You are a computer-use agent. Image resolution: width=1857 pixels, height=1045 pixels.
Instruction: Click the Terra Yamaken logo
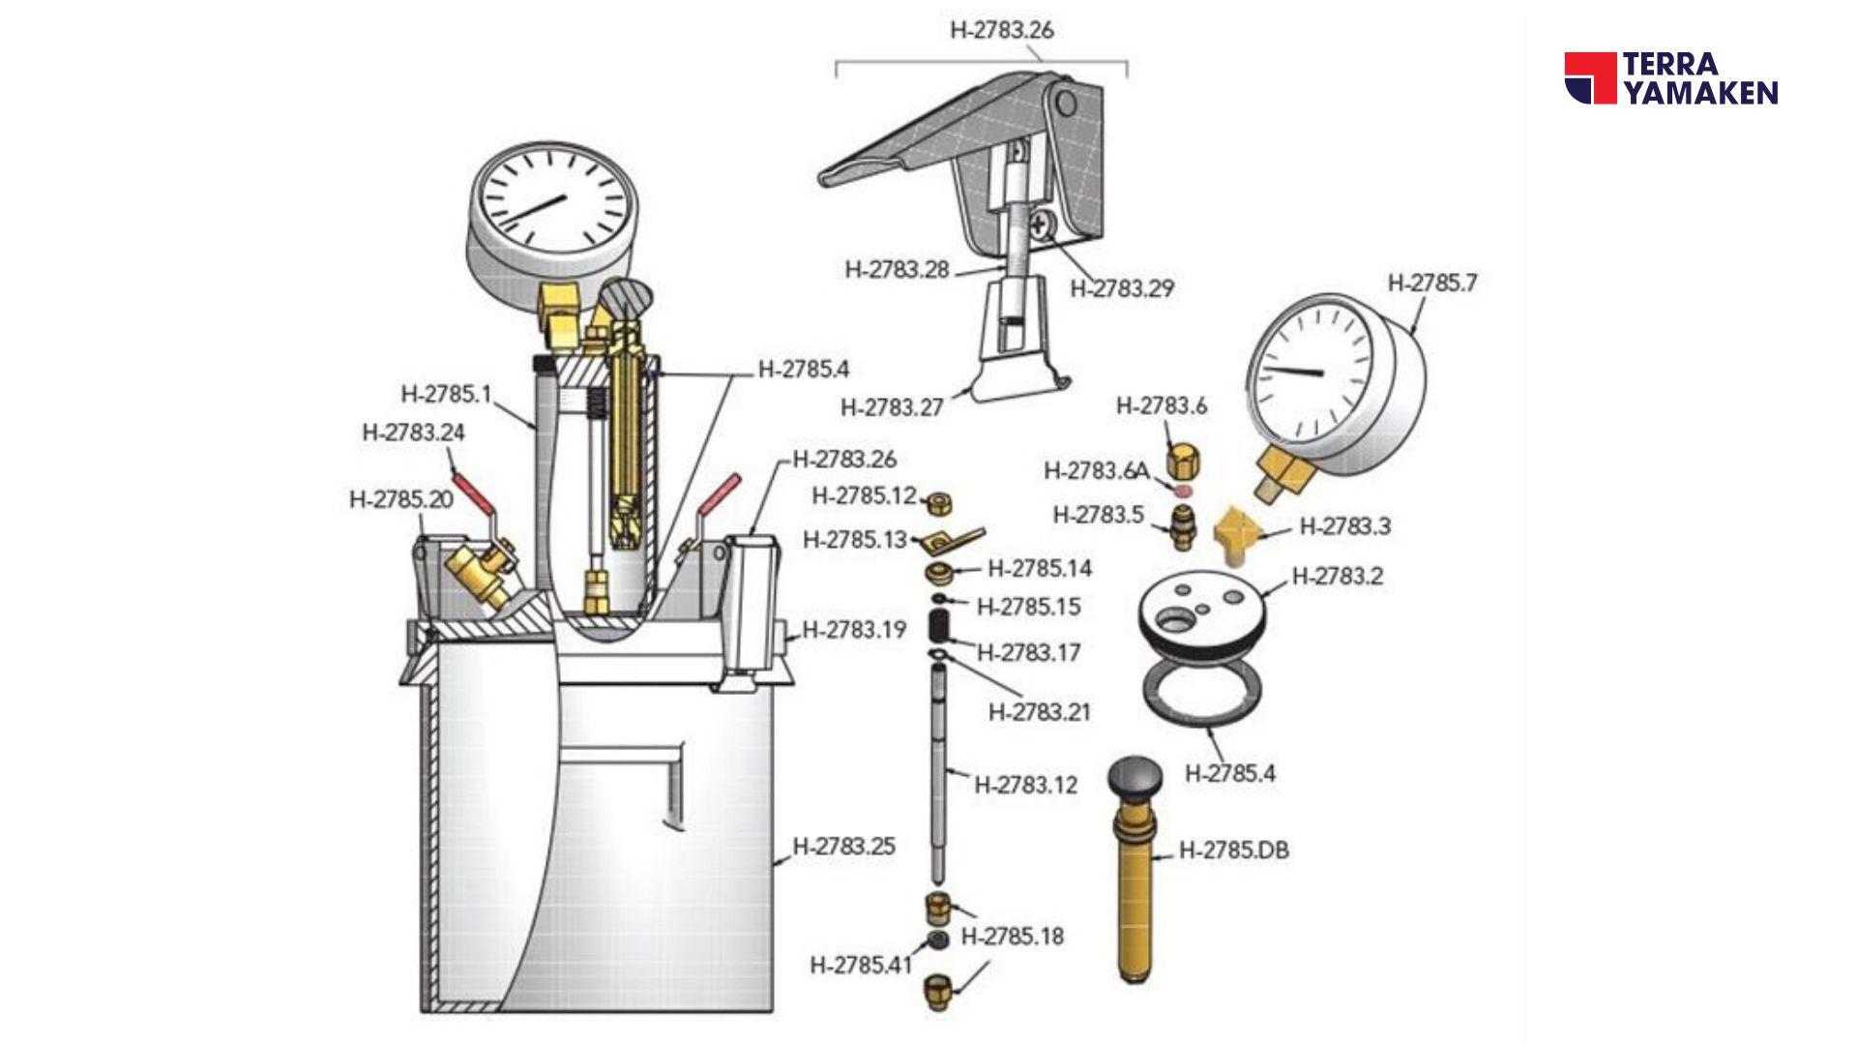click(1671, 78)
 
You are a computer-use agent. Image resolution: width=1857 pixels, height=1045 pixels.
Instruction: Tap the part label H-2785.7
click(1432, 283)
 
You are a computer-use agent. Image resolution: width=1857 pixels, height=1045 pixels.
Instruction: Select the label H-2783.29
click(1122, 288)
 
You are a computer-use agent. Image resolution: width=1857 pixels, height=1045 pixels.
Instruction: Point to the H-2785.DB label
click(1233, 851)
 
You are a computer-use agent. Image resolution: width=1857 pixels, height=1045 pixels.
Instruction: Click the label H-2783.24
click(413, 433)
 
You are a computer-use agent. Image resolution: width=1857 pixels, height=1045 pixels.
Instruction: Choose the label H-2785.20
click(400, 500)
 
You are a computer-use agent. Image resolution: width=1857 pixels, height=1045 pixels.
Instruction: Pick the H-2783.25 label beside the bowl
click(843, 847)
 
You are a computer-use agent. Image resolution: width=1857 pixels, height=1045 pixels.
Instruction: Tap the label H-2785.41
click(861, 965)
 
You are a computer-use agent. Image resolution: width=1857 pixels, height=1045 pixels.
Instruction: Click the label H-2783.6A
click(1096, 471)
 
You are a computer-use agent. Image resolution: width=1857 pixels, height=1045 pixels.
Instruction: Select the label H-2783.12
click(1025, 785)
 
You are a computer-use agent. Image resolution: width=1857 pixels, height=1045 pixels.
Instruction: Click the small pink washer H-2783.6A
click(1183, 492)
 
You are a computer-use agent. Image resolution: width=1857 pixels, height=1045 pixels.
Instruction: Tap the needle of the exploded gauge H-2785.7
click(1293, 371)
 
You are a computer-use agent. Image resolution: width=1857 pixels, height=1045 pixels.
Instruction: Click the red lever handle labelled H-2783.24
click(474, 491)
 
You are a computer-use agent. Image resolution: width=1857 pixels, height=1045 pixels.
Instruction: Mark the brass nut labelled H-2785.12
click(938, 503)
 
